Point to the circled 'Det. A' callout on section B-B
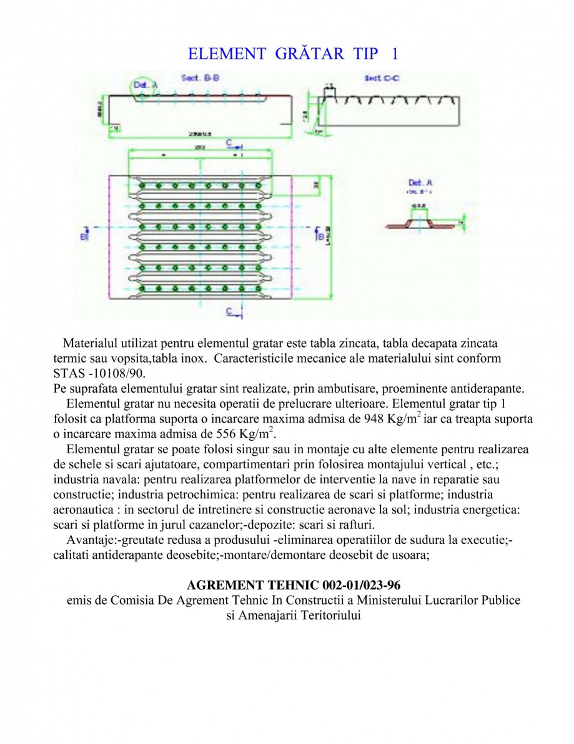click(144, 86)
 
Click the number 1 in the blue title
click(394, 54)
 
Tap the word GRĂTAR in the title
click(310, 54)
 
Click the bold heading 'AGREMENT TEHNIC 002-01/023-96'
click(294, 585)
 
